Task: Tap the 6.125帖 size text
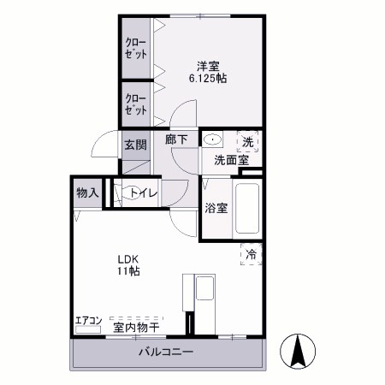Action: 208,78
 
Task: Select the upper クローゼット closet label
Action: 134,48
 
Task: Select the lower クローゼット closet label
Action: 134,104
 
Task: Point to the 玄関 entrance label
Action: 134,145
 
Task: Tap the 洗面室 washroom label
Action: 231,160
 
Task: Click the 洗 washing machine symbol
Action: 248,141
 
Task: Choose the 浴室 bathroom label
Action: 216,208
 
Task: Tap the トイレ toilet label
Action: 142,193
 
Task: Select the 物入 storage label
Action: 87,192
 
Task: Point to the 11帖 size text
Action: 129,271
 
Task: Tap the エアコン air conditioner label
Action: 88,322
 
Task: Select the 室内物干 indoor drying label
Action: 136,326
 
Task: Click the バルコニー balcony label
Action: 165,352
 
